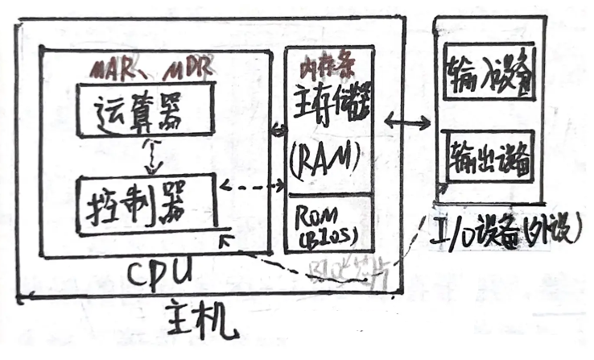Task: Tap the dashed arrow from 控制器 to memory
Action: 251,190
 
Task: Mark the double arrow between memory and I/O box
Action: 407,121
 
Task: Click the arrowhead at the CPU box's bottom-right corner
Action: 228,239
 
